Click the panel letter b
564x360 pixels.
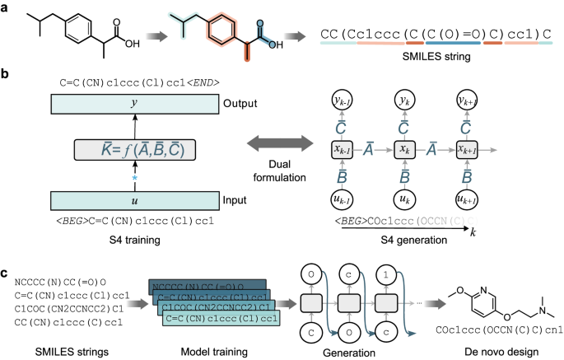pyautogui.click(x=5, y=75)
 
